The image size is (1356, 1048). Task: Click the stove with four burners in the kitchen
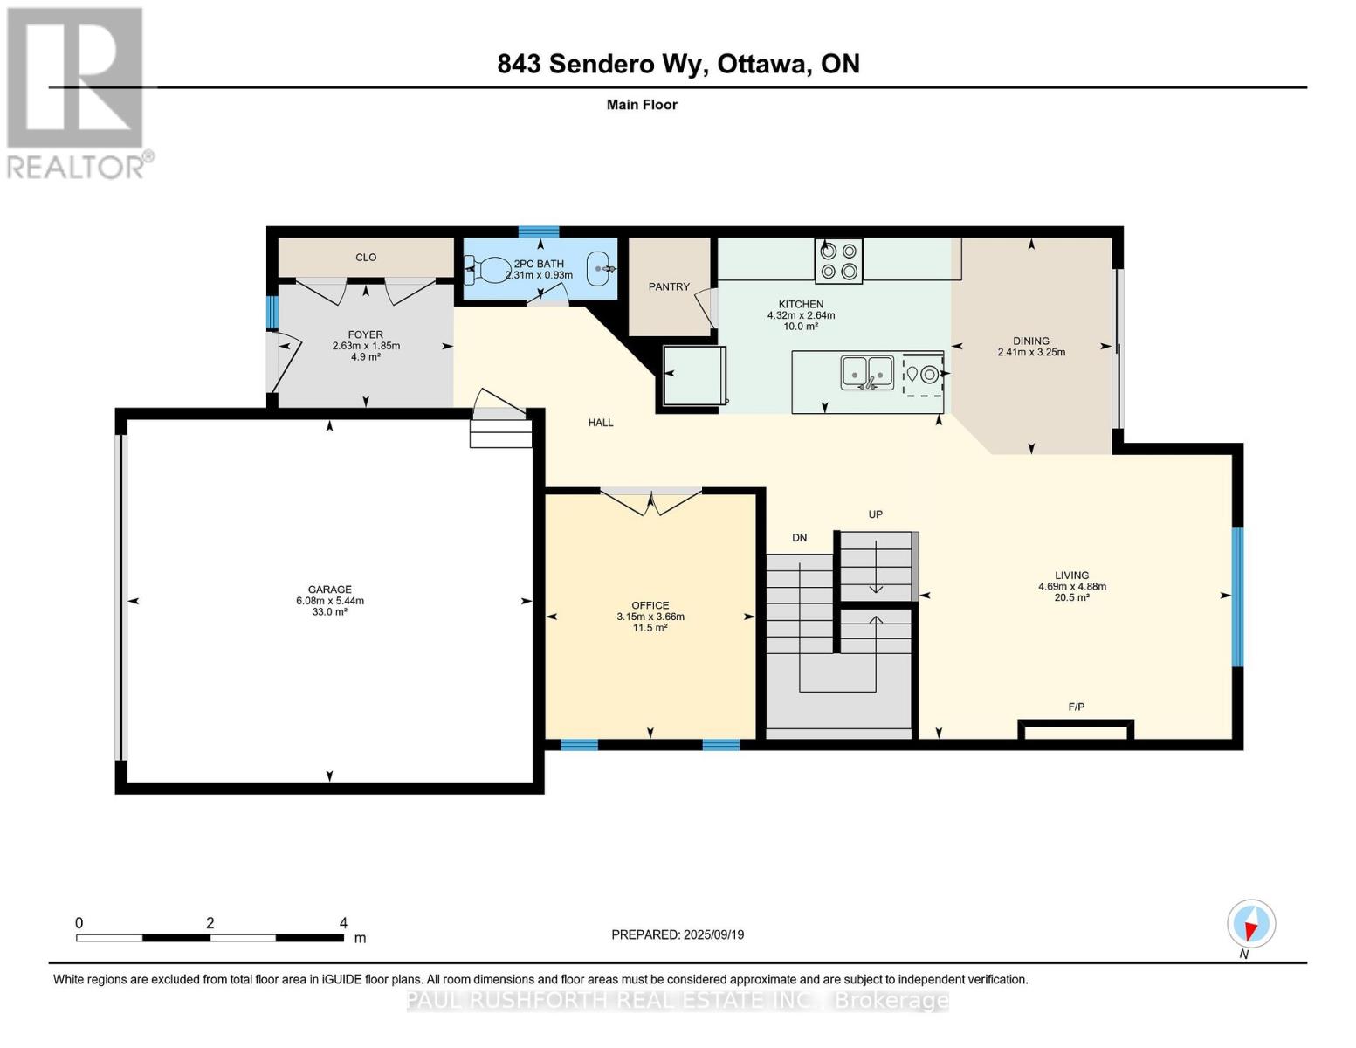(x=838, y=260)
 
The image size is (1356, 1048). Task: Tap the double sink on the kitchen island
(x=867, y=373)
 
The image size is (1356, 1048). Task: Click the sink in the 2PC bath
(x=600, y=269)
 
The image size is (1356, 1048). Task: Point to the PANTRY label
(x=669, y=286)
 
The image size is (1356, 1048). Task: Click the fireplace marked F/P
(x=1076, y=730)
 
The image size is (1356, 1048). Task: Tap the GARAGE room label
(x=329, y=589)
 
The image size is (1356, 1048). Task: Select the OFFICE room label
(x=650, y=605)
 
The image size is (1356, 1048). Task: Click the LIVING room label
(x=1071, y=576)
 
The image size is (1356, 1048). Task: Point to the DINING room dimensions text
(x=1031, y=353)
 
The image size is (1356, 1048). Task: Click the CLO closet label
(x=366, y=258)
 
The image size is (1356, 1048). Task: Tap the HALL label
(x=601, y=423)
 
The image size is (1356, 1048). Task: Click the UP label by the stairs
(x=875, y=514)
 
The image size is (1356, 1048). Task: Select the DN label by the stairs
(x=799, y=538)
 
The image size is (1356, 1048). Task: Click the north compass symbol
(x=1251, y=924)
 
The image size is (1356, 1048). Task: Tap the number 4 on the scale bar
(x=343, y=923)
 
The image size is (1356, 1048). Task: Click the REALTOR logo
(x=77, y=92)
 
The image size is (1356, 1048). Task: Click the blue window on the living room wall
(x=1237, y=596)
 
